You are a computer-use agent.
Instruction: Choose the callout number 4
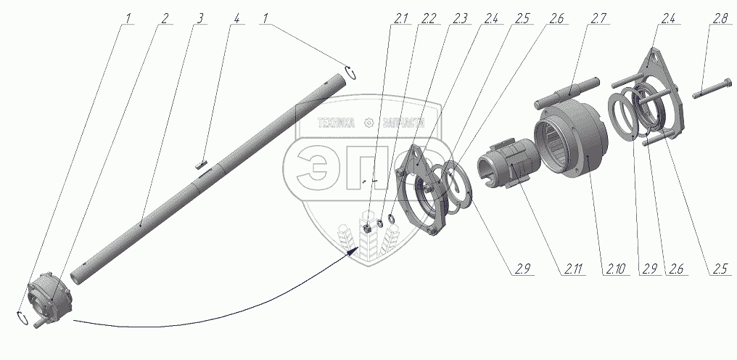point(234,18)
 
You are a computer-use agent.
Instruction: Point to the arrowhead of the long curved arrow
point(355,250)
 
